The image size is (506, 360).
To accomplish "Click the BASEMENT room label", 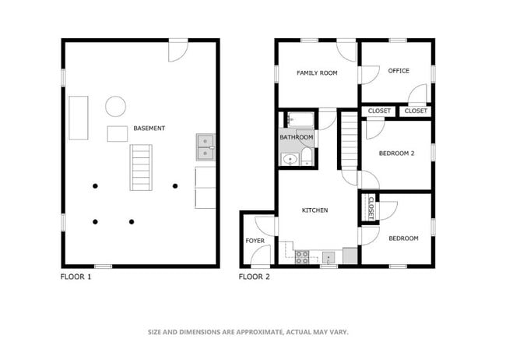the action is [149, 129].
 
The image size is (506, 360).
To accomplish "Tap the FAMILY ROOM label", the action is [317, 73].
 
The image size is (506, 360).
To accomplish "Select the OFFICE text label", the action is [399, 71].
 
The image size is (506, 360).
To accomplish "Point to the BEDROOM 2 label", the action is [396, 154].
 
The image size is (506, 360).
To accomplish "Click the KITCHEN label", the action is [314, 210].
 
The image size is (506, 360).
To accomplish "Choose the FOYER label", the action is [255, 241].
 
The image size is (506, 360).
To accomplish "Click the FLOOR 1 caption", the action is [76, 277].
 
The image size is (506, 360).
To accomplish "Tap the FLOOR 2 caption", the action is [254, 277].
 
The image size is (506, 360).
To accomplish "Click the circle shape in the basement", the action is [115, 106].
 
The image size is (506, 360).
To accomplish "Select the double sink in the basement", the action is [206, 147].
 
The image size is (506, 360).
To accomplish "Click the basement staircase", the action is [141, 168].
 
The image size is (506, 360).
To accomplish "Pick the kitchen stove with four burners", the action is [302, 257].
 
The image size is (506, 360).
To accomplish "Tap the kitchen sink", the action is [329, 258].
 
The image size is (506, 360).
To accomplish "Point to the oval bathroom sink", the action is [290, 159].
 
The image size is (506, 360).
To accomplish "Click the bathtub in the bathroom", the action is [300, 119].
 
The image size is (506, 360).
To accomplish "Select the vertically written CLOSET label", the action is [371, 208].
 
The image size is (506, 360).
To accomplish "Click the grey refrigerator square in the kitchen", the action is [350, 256].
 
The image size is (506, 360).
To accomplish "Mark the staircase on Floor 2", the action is [350, 140].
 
